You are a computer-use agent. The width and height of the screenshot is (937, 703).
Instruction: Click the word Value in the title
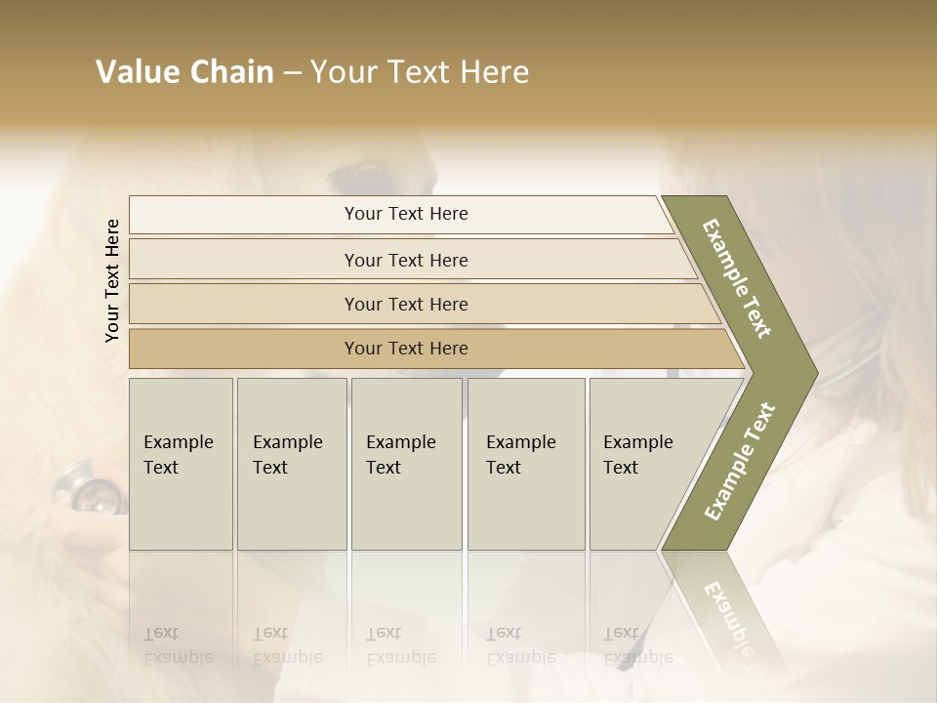pyautogui.click(x=134, y=72)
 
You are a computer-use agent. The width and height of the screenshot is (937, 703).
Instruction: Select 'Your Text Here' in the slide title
pyautogui.click(x=420, y=72)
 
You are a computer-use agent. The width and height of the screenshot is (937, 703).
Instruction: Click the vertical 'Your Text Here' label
pyautogui.click(x=112, y=280)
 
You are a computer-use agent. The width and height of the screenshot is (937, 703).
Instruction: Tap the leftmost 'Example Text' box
pyautogui.click(x=181, y=464)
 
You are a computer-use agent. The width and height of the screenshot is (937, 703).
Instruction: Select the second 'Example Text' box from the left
pyautogui.click(x=292, y=464)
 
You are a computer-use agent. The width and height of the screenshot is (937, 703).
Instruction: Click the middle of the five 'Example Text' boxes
pyautogui.click(x=406, y=464)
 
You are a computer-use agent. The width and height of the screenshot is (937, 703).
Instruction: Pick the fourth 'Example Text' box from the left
pyautogui.click(x=526, y=464)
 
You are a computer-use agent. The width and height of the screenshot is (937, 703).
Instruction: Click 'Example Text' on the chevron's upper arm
pyautogui.click(x=737, y=278)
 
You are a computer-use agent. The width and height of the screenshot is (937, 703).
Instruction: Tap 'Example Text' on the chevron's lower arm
pyautogui.click(x=740, y=461)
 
